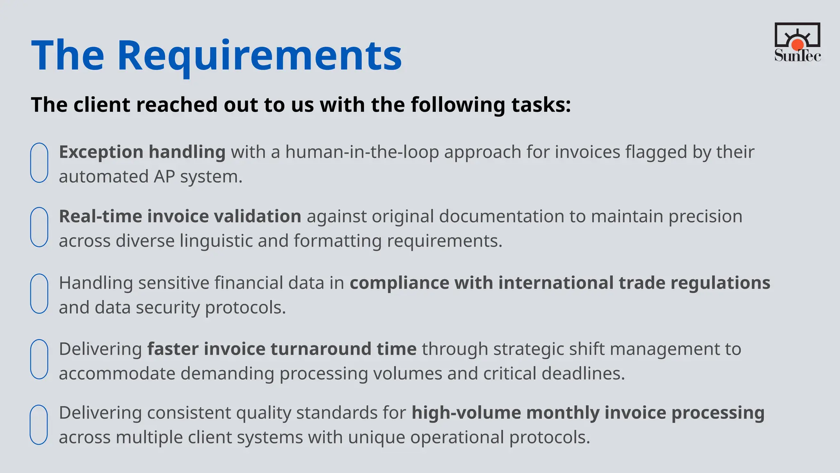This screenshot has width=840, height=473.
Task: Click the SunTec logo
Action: [x=797, y=42]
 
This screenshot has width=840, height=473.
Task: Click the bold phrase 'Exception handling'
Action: [x=142, y=152]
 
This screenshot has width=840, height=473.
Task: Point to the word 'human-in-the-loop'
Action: [x=362, y=152]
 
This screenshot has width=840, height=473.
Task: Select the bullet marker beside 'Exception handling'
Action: [x=39, y=163]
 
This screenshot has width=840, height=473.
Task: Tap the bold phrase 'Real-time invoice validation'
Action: [x=180, y=216]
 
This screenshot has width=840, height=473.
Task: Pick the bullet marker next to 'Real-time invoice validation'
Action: [x=39, y=227]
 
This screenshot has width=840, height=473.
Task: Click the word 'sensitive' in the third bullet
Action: [x=173, y=283]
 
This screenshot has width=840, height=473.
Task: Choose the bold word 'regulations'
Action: [x=720, y=283]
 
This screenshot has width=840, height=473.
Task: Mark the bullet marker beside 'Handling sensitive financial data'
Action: [x=39, y=294]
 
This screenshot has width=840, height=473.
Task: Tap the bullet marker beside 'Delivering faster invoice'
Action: [x=39, y=359]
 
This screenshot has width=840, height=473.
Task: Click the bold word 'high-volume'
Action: [x=466, y=413]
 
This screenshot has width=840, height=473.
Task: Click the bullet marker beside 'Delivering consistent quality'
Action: [x=39, y=425]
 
